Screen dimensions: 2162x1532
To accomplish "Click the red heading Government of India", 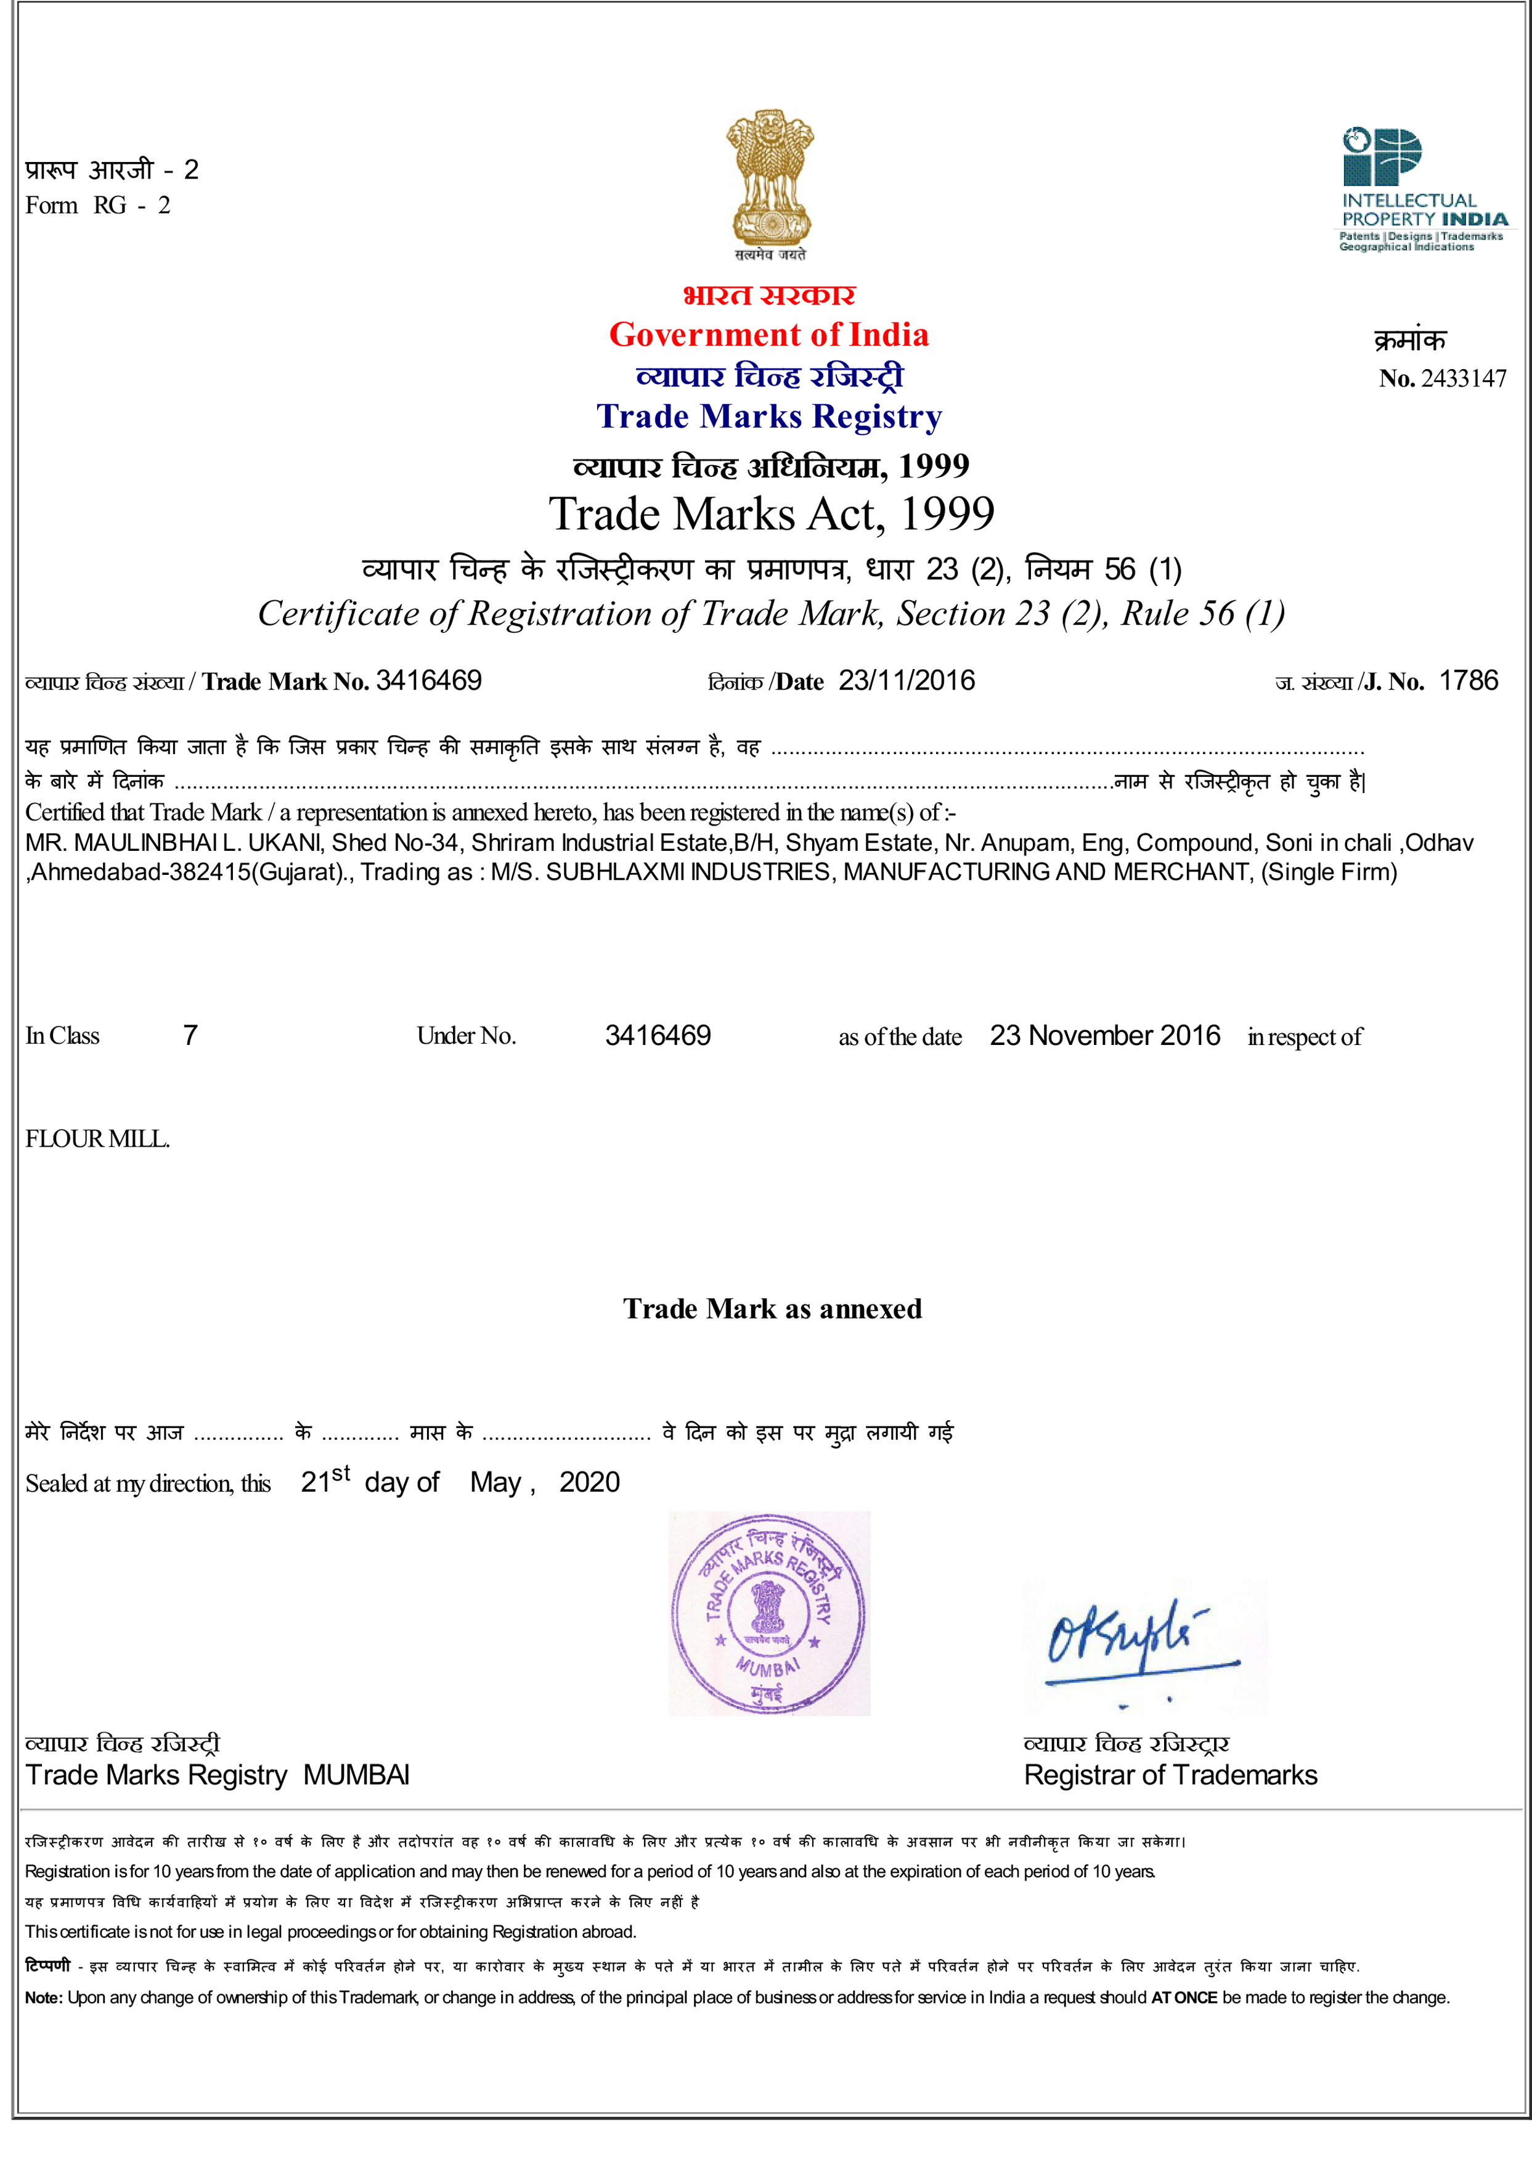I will pyautogui.click(x=769, y=335).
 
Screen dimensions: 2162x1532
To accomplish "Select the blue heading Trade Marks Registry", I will pyautogui.click(x=769, y=416).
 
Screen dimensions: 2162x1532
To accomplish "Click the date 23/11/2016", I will pyautogui.click(x=907, y=681).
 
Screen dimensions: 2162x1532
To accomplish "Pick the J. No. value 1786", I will pyautogui.click(x=1468, y=681).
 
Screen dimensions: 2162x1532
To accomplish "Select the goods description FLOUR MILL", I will pyautogui.click(x=97, y=1139).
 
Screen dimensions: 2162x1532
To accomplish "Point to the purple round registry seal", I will pyautogui.click(x=769, y=1613).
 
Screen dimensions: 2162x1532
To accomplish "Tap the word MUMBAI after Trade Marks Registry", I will pyautogui.click(x=357, y=1775).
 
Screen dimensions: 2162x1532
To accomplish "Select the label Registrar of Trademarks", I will pyautogui.click(x=1170, y=1775).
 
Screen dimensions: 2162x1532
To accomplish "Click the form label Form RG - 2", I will pyautogui.click(x=98, y=206).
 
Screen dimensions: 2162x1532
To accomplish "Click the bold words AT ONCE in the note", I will pyautogui.click(x=1184, y=1997).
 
